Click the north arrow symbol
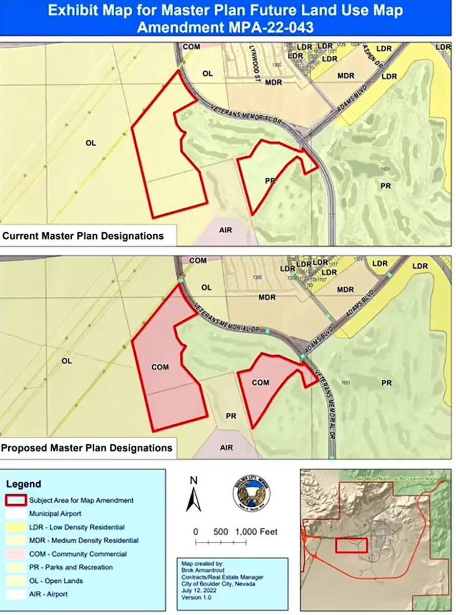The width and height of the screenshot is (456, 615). (193, 494)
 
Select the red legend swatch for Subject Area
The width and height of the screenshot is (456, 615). (17, 500)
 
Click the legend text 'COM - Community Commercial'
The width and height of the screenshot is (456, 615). (77, 554)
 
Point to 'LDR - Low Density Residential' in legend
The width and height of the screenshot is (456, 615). (76, 527)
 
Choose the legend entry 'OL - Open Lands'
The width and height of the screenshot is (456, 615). (56, 581)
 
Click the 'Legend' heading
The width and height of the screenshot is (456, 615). (24, 484)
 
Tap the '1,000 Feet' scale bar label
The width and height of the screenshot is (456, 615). (257, 532)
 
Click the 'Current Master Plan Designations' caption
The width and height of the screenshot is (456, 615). (83, 236)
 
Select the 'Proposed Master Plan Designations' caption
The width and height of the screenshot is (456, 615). (86, 447)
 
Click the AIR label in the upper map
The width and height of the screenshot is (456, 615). (225, 230)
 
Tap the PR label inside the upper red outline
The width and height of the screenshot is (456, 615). (271, 181)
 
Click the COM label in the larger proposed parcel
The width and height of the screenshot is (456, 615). (160, 367)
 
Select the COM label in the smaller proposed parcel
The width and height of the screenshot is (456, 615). (260, 382)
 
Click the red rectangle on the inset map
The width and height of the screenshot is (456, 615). (351, 545)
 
